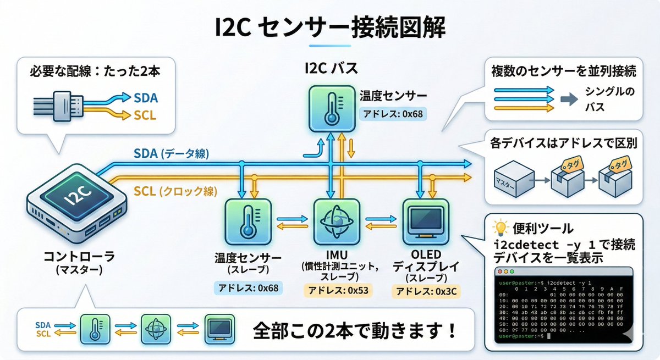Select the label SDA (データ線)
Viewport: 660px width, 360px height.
[171, 154]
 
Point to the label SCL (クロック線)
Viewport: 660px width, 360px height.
[175, 192]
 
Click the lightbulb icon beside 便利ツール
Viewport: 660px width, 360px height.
[499, 228]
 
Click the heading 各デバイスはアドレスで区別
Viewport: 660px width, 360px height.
[563, 144]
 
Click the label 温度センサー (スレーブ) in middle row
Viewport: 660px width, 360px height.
[248, 264]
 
